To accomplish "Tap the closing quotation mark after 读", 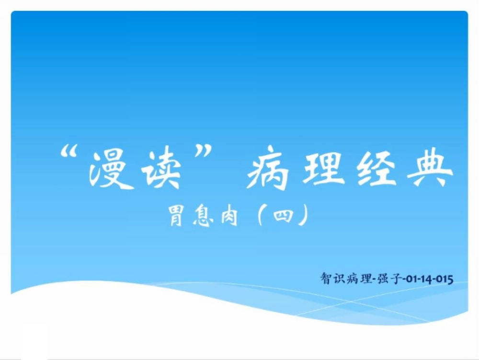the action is point(203,151).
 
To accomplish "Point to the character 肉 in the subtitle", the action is point(229,216).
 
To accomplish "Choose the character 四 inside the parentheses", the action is point(283,216).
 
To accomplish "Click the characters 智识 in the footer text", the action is point(332,279).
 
